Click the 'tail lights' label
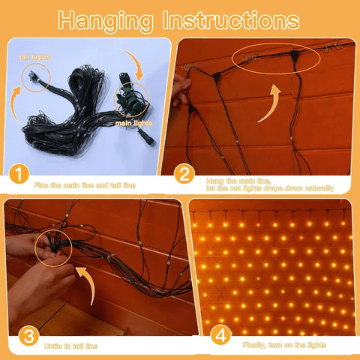pos(35,55)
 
